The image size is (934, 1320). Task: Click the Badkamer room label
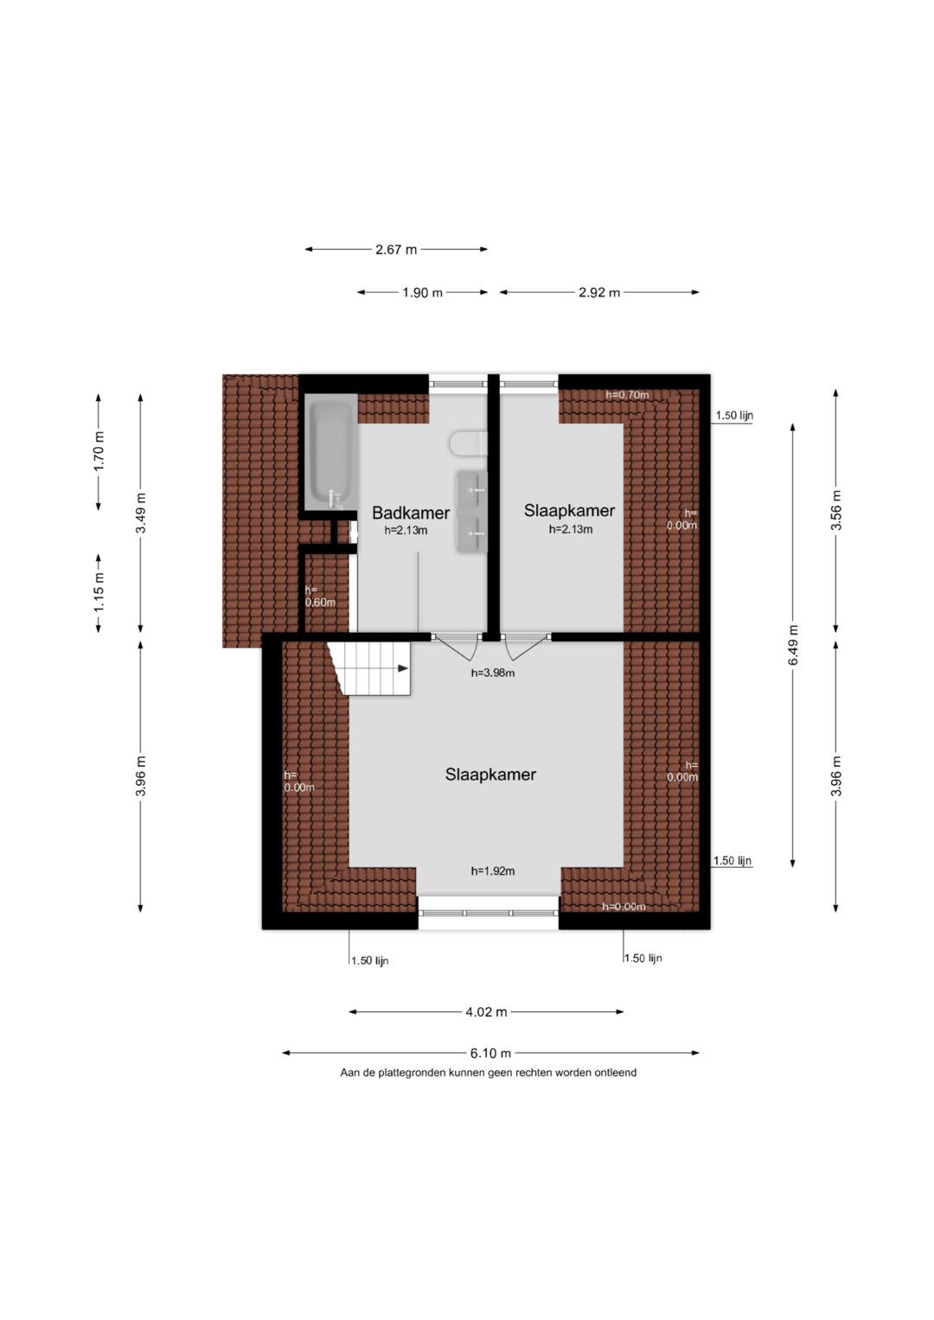[411, 513]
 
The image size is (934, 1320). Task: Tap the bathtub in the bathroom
[331, 453]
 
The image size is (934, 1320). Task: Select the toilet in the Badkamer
[468, 443]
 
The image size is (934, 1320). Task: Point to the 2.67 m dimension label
[396, 249]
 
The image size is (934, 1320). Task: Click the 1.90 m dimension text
[422, 292]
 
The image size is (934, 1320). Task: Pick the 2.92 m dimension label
[599, 292]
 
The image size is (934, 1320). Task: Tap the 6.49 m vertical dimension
[793, 645]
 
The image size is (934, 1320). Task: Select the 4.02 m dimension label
[486, 1011]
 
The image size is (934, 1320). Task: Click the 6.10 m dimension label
[490, 1053]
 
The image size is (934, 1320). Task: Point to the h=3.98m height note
[493, 673]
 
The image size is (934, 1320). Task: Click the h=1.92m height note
[493, 871]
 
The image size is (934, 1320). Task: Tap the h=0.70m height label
[627, 395]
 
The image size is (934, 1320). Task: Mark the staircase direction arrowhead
[403, 668]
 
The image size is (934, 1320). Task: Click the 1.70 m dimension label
[99, 451]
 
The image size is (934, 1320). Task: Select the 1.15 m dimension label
[99, 592]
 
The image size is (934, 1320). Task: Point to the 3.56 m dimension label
[836, 510]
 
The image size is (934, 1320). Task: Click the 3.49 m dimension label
[141, 513]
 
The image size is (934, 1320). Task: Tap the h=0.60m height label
[320, 596]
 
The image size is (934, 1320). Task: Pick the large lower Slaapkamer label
[490, 775]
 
